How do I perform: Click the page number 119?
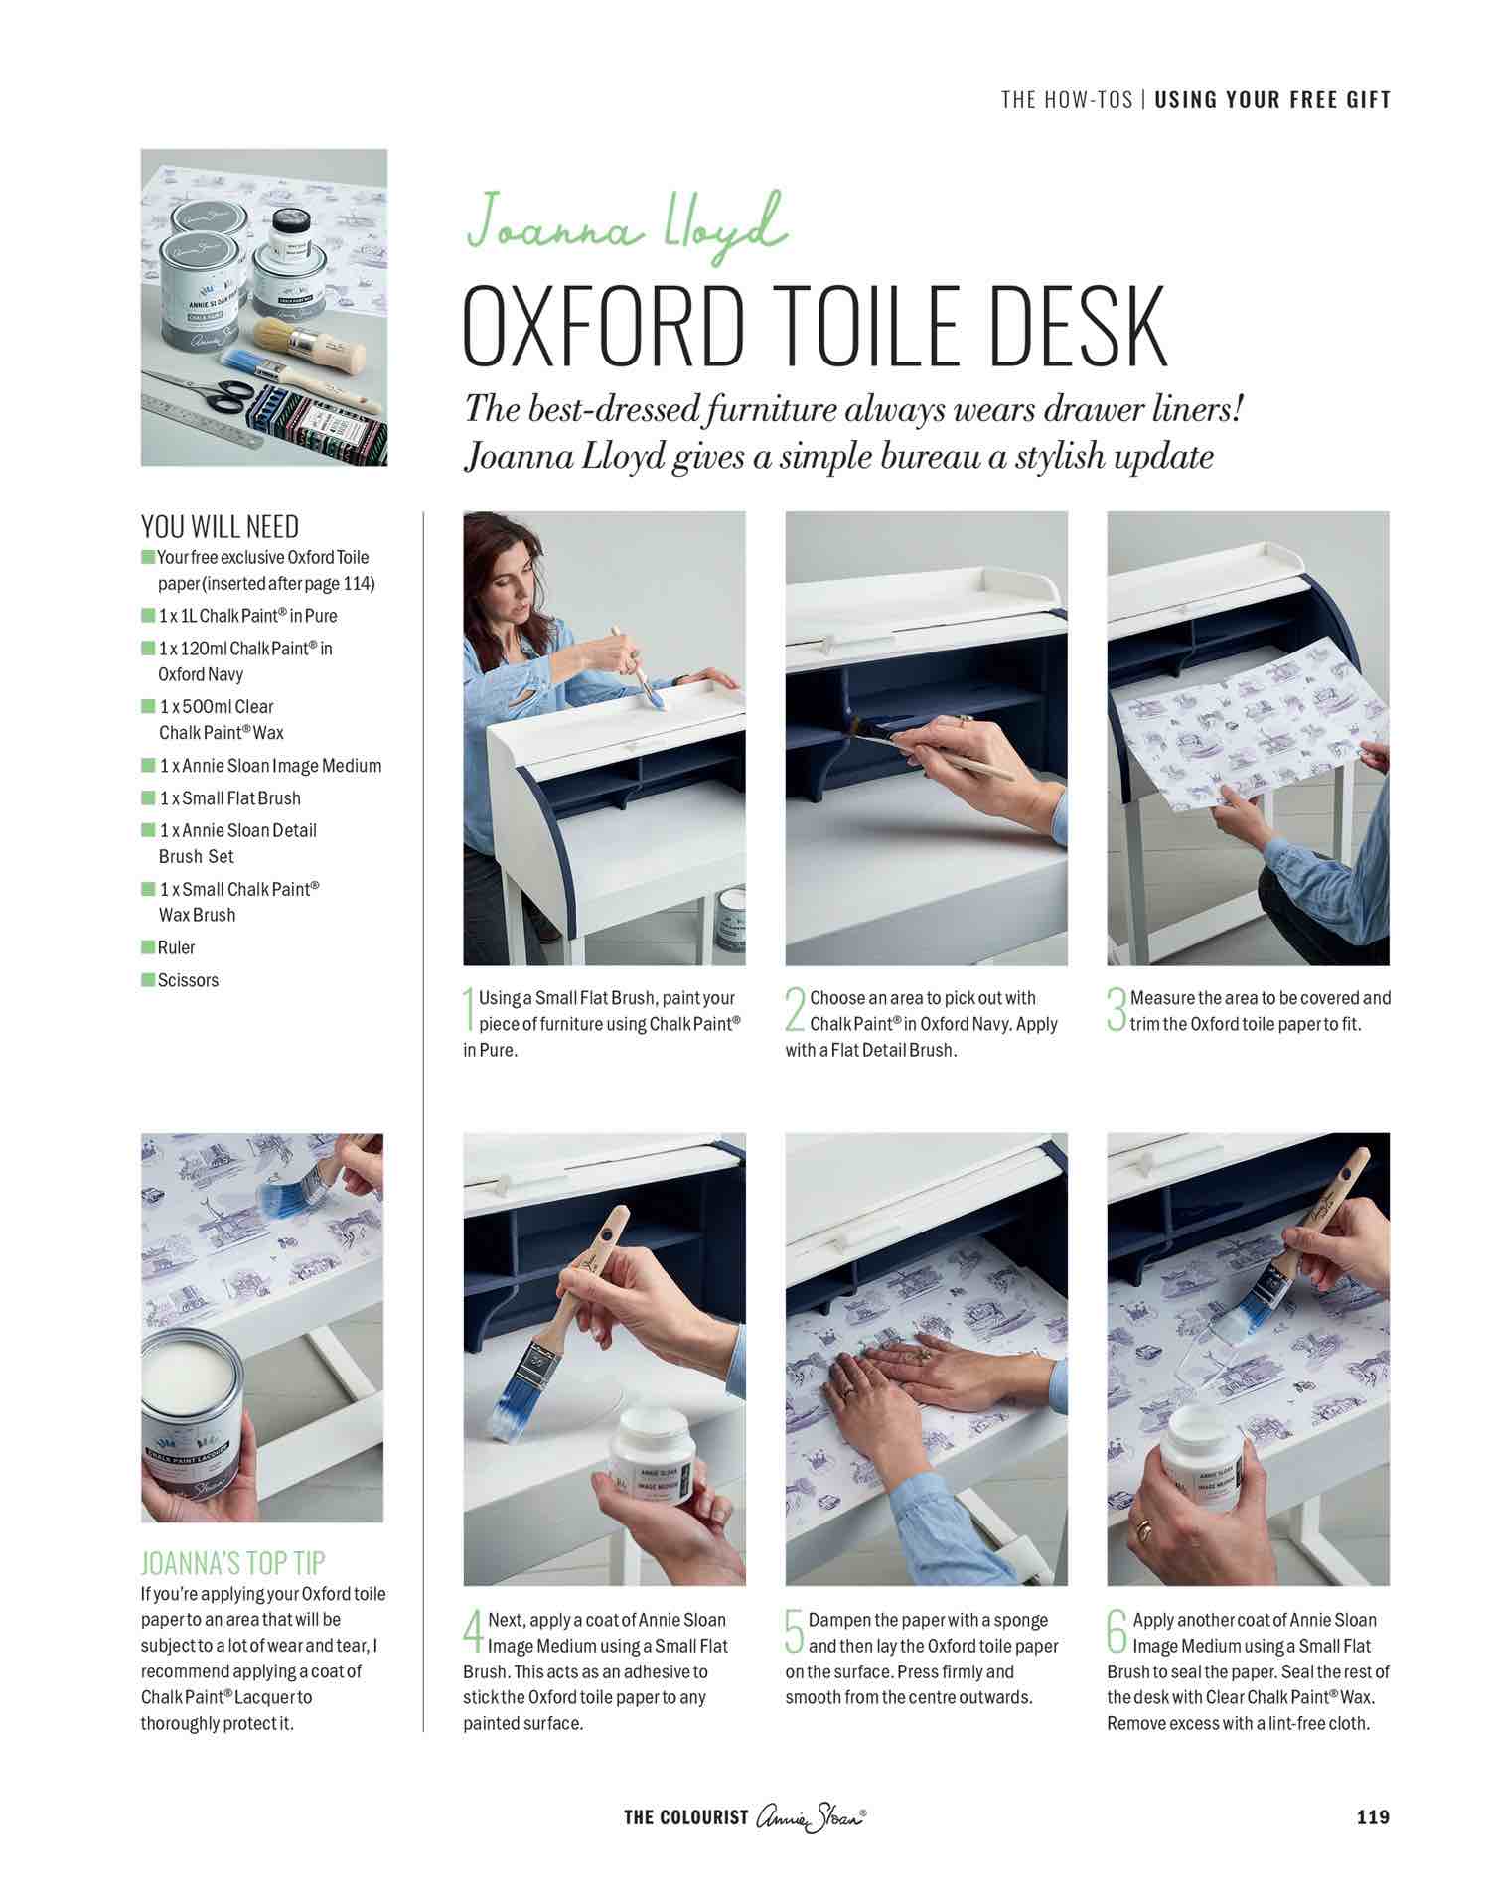tap(1373, 1817)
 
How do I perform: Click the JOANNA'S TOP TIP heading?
tap(232, 1563)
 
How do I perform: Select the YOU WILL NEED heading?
tap(220, 527)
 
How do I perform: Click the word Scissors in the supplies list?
tap(188, 980)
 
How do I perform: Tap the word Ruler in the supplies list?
tap(176, 947)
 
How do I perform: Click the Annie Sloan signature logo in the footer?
tap(811, 1817)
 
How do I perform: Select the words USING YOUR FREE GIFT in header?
tap(1272, 100)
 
